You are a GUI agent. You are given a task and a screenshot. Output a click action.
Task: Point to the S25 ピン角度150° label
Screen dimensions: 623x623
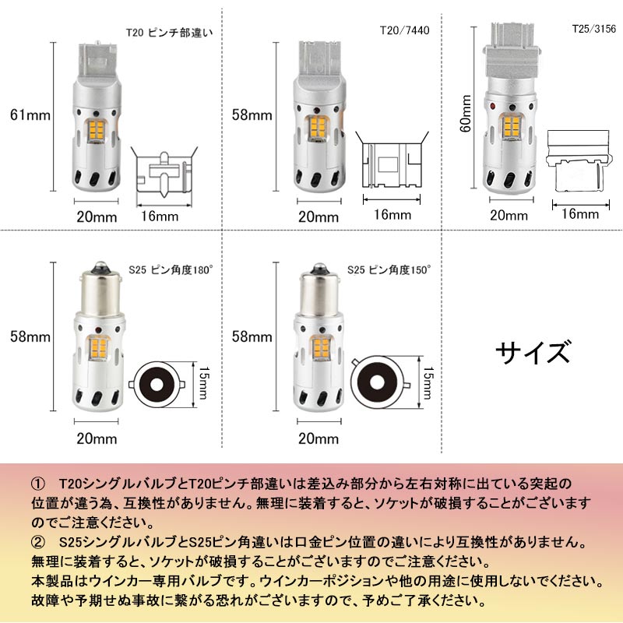(x=390, y=269)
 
